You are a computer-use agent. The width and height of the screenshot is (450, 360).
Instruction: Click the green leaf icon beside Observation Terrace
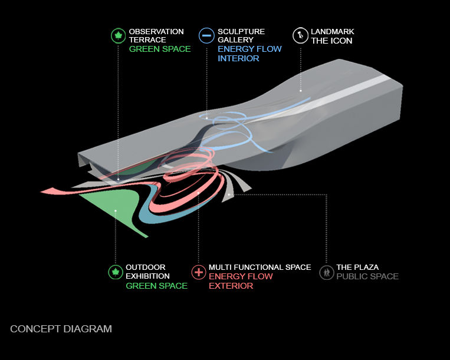(x=118, y=36)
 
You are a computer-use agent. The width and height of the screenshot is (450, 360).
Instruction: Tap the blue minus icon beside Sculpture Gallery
(x=206, y=35)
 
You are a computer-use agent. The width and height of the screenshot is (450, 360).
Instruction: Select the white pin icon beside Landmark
(x=300, y=35)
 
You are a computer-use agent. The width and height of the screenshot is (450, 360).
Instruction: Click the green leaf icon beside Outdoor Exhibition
(x=116, y=272)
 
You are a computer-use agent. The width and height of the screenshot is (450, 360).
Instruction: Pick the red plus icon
(x=199, y=272)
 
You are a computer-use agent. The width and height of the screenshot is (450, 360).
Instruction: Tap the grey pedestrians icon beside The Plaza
(x=327, y=272)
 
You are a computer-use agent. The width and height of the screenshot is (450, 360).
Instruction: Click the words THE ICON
(x=331, y=41)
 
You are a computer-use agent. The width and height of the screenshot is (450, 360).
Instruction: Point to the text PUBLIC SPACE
(x=367, y=276)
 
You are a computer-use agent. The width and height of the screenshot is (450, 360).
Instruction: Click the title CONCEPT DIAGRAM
(x=61, y=329)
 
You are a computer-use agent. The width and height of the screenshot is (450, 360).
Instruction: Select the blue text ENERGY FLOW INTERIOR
(x=249, y=54)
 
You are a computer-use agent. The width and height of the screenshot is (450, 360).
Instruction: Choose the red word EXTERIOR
(x=231, y=286)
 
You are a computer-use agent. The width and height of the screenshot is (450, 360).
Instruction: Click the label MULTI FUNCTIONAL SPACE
(x=260, y=267)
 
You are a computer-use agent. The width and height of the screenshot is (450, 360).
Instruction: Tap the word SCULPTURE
(x=241, y=32)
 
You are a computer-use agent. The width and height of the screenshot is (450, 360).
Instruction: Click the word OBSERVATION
(x=156, y=32)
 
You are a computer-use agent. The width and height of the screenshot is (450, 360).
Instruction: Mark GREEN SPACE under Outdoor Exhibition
(x=156, y=286)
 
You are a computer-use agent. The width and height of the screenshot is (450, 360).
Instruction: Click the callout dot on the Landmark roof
(x=300, y=91)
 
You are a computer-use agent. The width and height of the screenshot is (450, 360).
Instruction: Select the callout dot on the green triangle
(x=116, y=211)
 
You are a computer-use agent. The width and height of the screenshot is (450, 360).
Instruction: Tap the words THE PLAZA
(x=357, y=267)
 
